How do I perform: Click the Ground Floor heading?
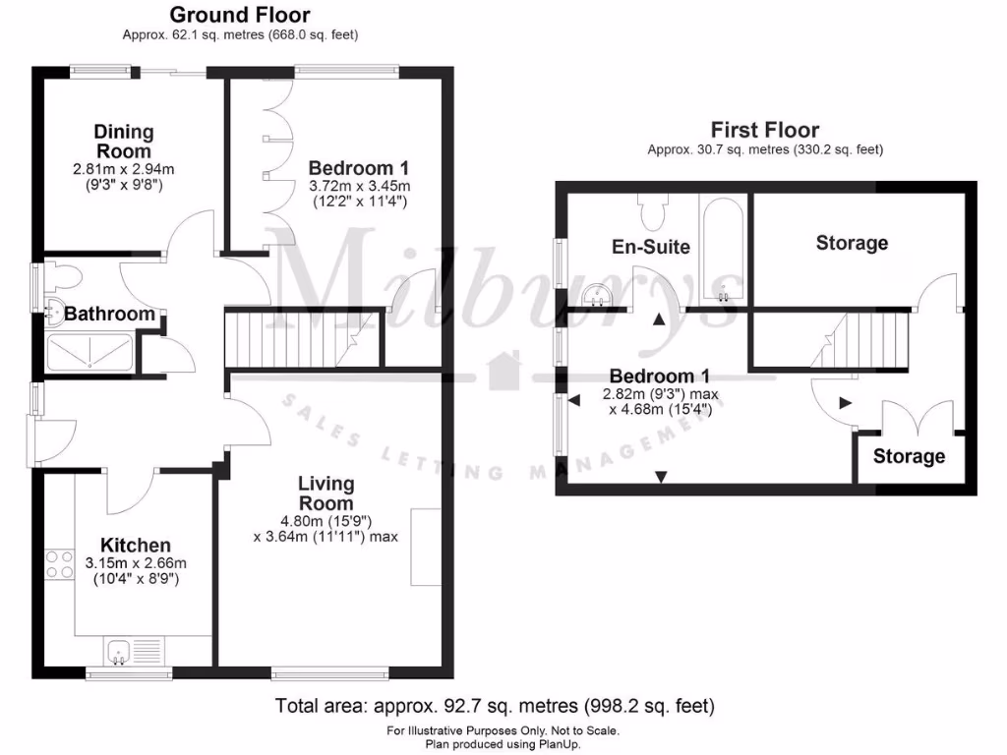click(x=239, y=15)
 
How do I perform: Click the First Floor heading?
click(x=764, y=130)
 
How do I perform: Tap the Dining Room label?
click(x=124, y=142)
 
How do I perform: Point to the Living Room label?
click(x=326, y=494)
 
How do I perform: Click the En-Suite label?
click(x=650, y=247)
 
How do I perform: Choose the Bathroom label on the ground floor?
click(x=109, y=315)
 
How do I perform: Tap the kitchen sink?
click(x=135, y=651)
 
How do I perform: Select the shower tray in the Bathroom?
click(x=89, y=352)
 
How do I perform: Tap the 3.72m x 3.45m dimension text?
click(x=358, y=185)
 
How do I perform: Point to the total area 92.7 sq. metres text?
click(x=495, y=706)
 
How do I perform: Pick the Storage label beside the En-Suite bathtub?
click(x=852, y=243)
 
